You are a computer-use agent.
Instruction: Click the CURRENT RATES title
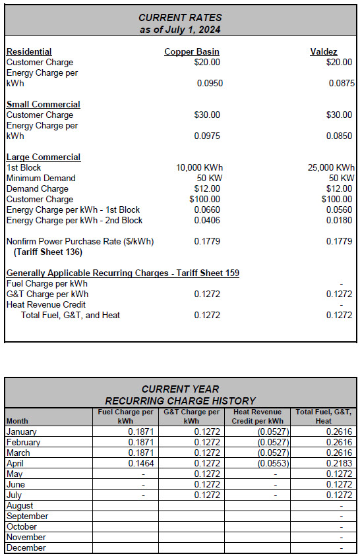181,17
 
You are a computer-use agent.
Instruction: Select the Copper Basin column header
192,51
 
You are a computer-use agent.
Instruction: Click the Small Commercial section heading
44,104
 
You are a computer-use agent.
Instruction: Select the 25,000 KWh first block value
330,167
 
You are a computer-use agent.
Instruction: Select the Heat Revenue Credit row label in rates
46,304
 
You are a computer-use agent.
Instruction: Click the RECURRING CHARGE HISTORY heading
181,401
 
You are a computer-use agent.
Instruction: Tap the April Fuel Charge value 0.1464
141,464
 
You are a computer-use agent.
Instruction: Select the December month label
26,547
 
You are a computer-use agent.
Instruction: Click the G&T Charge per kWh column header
191,416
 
